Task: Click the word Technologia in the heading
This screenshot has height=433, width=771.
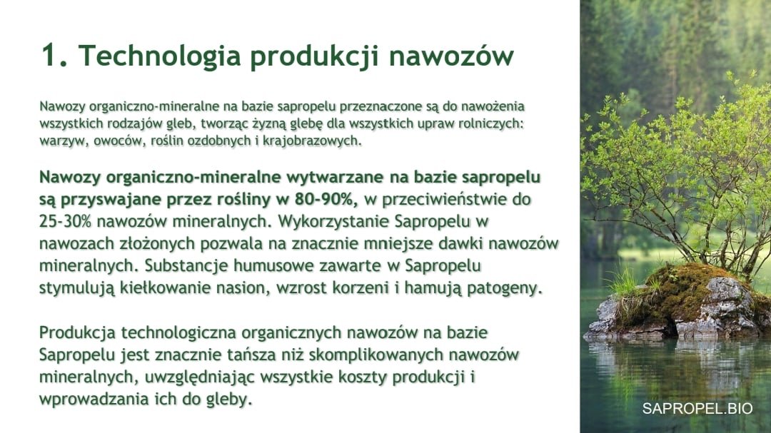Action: click(159, 56)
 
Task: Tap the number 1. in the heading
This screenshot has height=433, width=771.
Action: click(54, 54)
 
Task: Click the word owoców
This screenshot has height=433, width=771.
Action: click(118, 140)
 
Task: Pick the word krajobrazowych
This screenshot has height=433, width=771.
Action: click(312, 141)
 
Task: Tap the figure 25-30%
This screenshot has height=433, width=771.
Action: click(66, 221)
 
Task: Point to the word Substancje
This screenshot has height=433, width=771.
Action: click(186, 265)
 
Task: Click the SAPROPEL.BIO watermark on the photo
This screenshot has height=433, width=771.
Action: click(697, 409)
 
